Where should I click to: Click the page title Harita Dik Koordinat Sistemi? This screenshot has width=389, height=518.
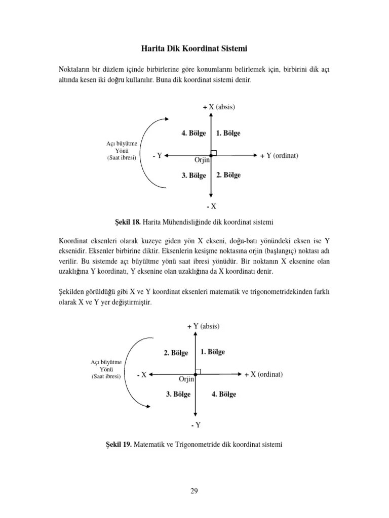click(x=194, y=49)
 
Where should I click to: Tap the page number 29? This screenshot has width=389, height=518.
click(x=194, y=490)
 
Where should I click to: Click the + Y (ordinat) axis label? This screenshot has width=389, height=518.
click(x=279, y=155)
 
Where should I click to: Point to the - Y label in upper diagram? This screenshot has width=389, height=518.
click(x=157, y=156)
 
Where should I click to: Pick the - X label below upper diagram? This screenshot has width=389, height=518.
click(x=211, y=206)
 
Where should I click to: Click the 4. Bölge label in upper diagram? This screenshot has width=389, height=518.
click(x=193, y=134)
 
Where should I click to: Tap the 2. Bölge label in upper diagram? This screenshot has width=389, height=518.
click(x=228, y=175)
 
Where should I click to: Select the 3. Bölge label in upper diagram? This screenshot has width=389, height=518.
click(x=193, y=176)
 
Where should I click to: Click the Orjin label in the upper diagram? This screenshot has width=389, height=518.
click(x=202, y=160)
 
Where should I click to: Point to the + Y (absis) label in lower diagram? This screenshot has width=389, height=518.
click(x=203, y=326)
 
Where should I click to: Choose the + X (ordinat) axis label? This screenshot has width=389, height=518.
click(x=263, y=374)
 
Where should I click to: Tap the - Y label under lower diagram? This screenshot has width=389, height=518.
click(x=196, y=425)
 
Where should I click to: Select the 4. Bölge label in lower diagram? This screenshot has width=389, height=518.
click(x=224, y=394)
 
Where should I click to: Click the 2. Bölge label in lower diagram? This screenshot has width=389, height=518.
click(x=176, y=353)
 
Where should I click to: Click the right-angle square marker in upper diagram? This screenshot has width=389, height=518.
click(x=214, y=152)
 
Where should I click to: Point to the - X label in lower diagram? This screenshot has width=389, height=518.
click(x=142, y=375)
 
